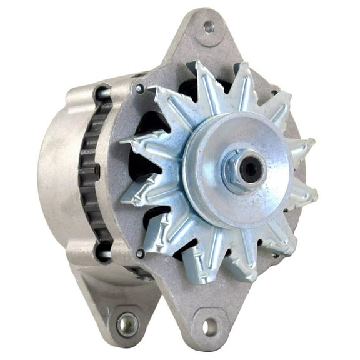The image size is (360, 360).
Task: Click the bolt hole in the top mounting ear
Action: pyautogui.click(x=209, y=27)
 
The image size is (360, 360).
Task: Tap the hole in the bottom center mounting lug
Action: pyautogui.click(x=209, y=326)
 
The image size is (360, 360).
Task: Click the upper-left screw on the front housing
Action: pyautogui.click(x=139, y=89)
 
